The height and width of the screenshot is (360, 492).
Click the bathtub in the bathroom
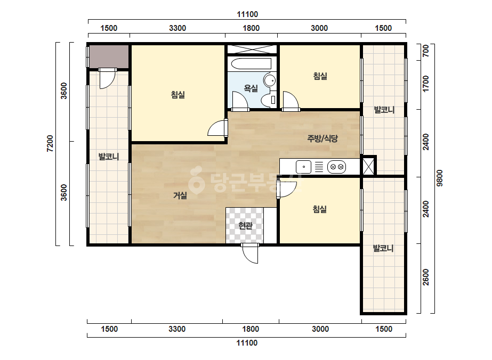tap(251, 64)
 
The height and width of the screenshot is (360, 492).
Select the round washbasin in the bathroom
tap(269, 80)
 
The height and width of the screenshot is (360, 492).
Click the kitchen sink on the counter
tap(303, 167)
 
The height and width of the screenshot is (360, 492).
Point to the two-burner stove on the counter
tap(337, 167)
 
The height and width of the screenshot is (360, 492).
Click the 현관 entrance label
tap(245, 225)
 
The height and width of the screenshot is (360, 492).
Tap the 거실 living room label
tap(180, 195)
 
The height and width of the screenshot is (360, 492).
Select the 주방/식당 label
tap(322, 138)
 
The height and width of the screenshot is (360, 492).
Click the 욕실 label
tap(251, 88)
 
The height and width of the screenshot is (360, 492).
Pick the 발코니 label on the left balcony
tap(109, 156)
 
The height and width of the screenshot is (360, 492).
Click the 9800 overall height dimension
tap(440, 178)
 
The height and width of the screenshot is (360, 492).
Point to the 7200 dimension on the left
tap(50, 144)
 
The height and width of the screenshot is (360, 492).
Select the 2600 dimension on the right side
tap(426, 277)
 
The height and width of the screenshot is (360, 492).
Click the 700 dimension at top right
tap(426, 51)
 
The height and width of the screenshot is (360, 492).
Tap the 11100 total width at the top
tap(247, 14)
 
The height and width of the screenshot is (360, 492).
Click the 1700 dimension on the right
tap(426, 84)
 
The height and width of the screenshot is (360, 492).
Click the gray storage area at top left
tap(109, 56)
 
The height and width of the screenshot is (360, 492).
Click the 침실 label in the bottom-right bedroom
tap(320, 209)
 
